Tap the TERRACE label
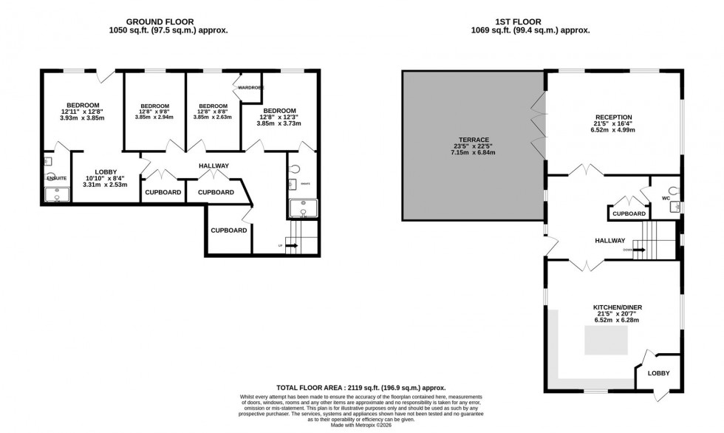click(x=465, y=146)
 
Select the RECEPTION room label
click(x=612, y=117)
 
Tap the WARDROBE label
click(x=250, y=88)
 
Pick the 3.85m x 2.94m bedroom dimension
click(x=154, y=117)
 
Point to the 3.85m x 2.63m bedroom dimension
click(x=213, y=117)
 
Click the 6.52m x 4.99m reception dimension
click(x=612, y=130)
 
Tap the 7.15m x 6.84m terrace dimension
click(x=465, y=153)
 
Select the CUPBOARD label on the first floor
click(x=629, y=214)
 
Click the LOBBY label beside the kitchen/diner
click(x=658, y=373)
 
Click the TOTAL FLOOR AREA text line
click(x=361, y=387)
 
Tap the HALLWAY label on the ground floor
click(x=214, y=166)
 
